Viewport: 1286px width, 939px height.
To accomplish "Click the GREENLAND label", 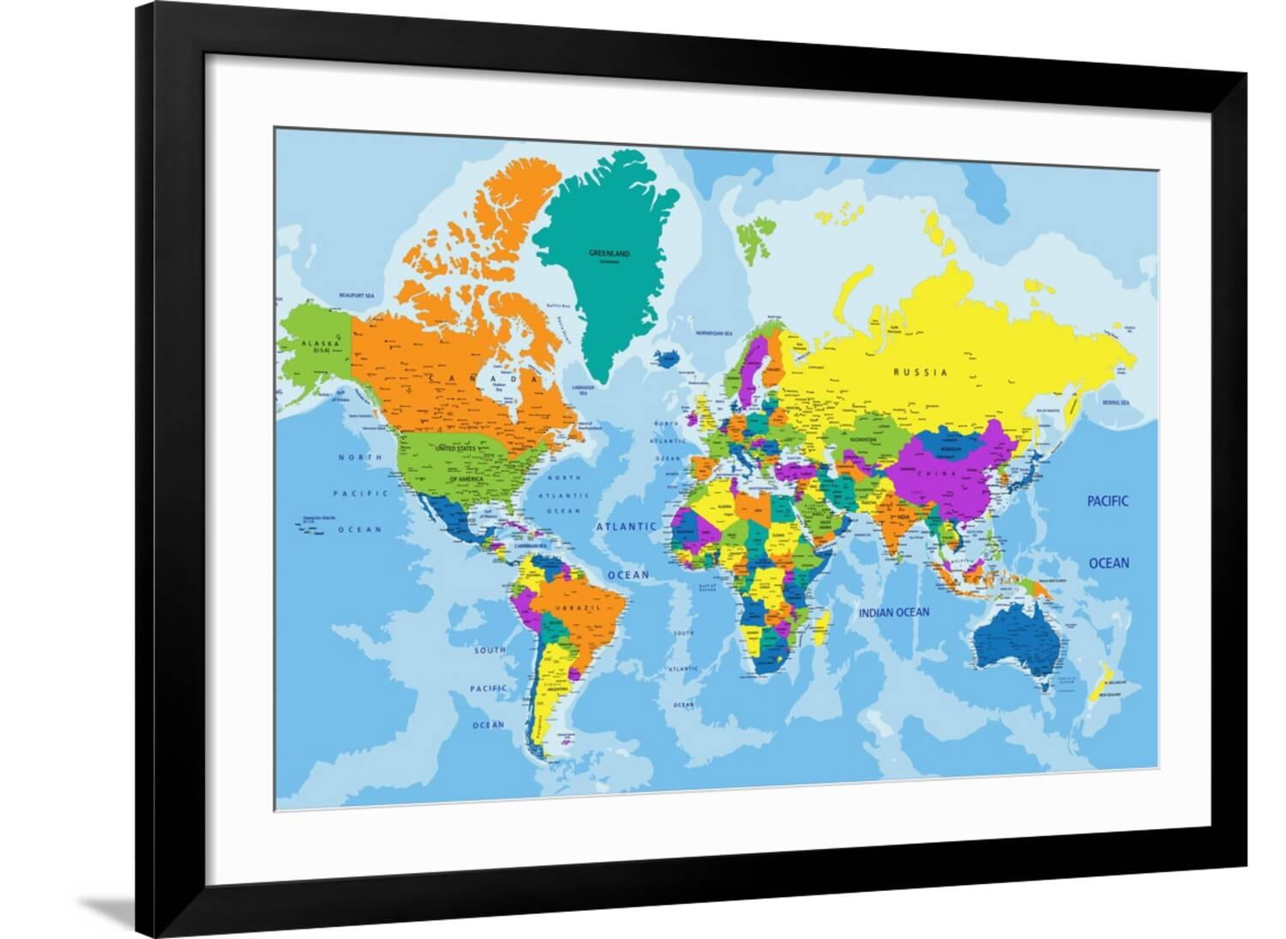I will coord(610,254).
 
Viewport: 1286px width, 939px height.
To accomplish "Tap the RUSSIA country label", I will coord(920,373).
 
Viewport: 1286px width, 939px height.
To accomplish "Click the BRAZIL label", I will coord(574,607).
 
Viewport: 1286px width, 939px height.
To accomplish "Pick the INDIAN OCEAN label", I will coord(894,613).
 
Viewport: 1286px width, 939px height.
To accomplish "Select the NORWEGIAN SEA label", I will coord(713,333).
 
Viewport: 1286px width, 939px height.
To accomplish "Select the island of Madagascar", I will coord(821,626).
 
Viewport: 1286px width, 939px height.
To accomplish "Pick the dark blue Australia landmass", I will coord(1018,638).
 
